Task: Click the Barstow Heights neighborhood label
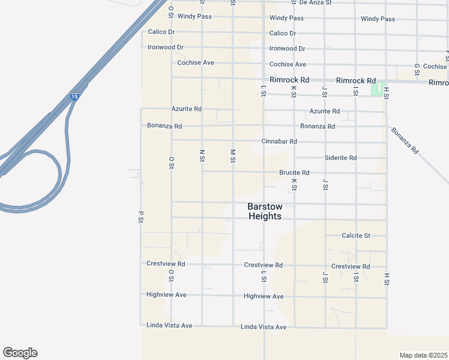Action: [x=264, y=211]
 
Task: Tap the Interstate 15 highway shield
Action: [x=74, y=96]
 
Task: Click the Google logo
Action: [x=20, y=353]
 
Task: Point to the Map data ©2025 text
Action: [x=423, y=355]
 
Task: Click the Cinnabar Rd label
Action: [x=279, y=142]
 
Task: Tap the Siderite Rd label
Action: [x=340, y=158]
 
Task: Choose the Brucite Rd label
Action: [x=294, y=173]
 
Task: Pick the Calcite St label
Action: [x=356, y=236]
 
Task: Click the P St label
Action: [x=140, y=217]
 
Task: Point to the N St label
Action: [x=202, y=156]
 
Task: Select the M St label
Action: [x=233, y=156]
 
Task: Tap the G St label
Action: [x=417, y=70]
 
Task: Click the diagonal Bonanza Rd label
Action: [x=405, y=140]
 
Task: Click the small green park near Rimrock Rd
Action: [x=376, y=89]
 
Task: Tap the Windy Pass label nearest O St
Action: [x=194, y=16]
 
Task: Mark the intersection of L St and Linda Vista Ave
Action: [x=264, y=327]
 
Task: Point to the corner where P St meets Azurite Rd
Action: [x=141, y=109]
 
